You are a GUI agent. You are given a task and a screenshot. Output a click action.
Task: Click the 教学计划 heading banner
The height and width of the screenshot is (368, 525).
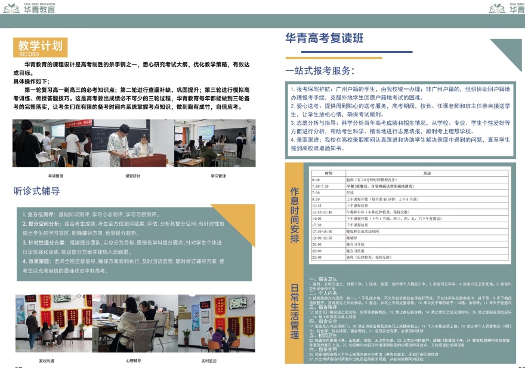[x=40, y=45]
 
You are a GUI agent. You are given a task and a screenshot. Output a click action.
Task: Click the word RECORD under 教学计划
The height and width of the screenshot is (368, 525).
[x=29, y=54]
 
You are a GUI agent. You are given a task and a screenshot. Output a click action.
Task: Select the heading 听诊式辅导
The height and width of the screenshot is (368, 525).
[x=37, y=191]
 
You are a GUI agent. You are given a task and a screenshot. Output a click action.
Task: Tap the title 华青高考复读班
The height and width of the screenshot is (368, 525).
[x=324, y=39]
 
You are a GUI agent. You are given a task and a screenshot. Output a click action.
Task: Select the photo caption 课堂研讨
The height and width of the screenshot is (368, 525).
[x=133, y=176]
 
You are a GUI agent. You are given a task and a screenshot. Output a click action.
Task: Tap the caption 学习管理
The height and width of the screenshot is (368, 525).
[x=218, y=176]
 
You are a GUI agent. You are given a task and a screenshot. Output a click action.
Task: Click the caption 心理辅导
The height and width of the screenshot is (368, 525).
[x=133, y=361]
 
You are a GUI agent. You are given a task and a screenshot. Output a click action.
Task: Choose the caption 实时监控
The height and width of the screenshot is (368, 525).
[x=209, y=361]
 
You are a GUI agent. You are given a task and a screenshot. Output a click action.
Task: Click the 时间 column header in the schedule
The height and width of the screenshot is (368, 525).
[x=320, y=173]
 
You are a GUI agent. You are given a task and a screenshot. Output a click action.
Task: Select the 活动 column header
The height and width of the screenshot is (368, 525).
[x=427, y=173]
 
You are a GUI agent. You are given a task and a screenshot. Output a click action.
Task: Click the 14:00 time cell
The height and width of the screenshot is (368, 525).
[x=316, y=218]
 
